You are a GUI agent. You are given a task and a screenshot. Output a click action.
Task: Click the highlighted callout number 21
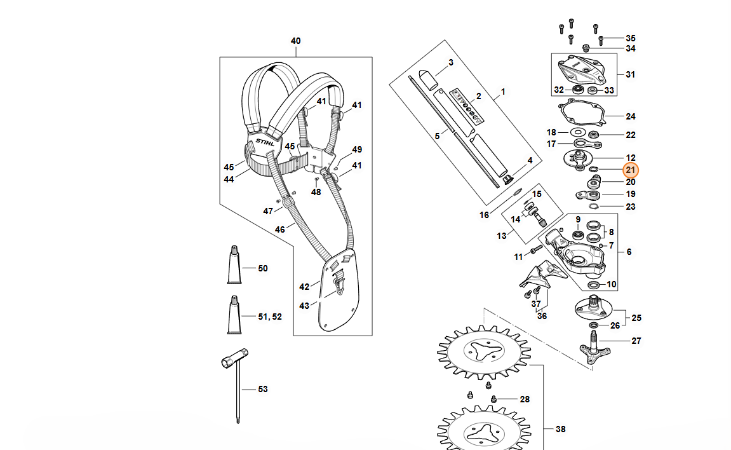coord(630,170)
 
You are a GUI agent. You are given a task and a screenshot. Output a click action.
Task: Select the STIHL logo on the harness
coord(265,142)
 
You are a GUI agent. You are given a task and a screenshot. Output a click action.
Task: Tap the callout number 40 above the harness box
coord(295,41)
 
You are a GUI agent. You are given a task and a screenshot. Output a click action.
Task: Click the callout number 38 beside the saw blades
coord(560,429)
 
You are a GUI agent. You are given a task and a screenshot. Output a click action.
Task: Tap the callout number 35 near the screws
coord(630,38)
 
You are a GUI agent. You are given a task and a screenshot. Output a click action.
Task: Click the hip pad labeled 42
coord(339,290)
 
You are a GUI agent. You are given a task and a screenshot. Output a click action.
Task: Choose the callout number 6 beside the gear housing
coord(629,252)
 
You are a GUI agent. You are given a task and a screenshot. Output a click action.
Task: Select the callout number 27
coord(636,341)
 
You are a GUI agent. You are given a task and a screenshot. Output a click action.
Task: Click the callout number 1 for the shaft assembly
coord(503,92)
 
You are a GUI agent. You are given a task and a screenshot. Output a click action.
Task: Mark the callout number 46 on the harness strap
coord(279,229)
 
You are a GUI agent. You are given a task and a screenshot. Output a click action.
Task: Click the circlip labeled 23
coord(593,206)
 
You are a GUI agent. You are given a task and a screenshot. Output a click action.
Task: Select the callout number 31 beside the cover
coord(630,74)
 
